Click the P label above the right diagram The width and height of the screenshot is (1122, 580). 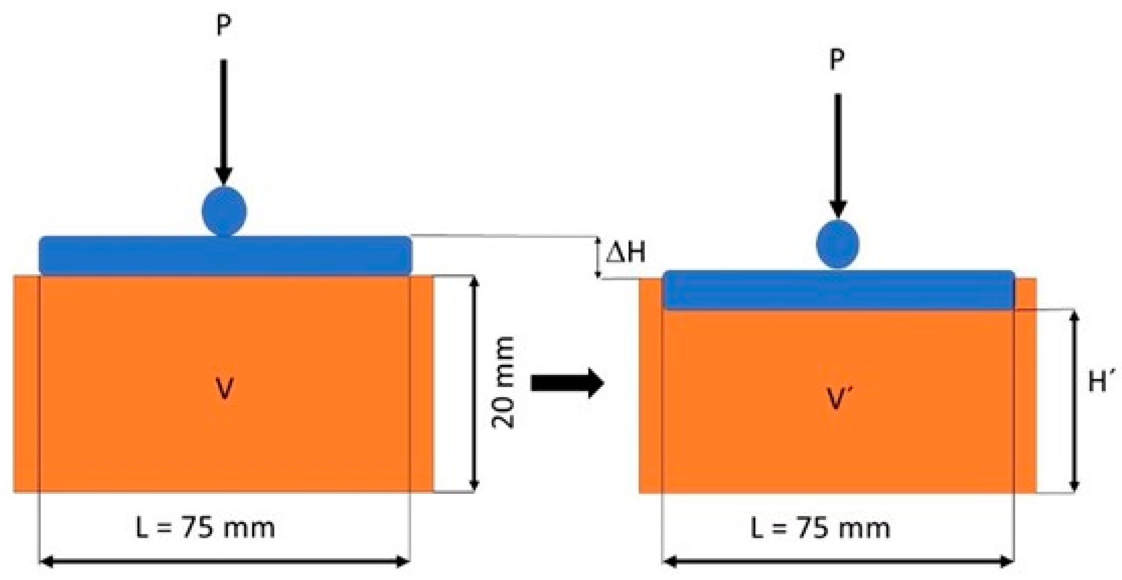tap(836, 59)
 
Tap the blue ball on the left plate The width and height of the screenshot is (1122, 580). tap(224, 211)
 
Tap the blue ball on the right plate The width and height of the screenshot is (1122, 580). tap(837, 244)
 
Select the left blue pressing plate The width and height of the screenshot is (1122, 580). tap(225, 256)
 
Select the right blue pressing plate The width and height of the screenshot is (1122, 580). tap(839, 290)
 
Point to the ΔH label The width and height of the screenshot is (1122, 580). tap(626, 253)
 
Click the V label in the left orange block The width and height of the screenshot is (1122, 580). tap(225, 389)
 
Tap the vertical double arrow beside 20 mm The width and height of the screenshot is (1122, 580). tap(475, 383)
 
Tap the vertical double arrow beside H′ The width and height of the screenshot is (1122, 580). tap(1074, 401)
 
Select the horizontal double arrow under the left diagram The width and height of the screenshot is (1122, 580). tap(224, 562)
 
